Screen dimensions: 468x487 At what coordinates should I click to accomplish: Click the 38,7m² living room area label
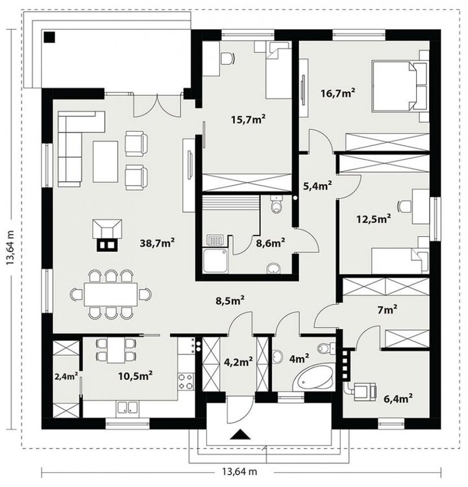coord(157,243)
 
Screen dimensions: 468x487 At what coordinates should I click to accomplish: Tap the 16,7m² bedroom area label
coord(338,93)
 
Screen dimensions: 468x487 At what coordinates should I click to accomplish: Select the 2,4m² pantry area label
coord(66,376)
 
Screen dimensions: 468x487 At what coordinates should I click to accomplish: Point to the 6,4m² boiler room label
coord(398,398)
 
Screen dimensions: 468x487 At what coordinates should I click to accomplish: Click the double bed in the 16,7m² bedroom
coord(400,86)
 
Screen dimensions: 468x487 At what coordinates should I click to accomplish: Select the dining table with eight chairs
coord(111,294)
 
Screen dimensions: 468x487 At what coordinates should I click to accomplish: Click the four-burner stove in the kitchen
coord(186,381)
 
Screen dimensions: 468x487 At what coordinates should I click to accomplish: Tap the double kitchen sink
coord(127,408)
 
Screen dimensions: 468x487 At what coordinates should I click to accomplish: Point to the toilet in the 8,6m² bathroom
coord(275,205)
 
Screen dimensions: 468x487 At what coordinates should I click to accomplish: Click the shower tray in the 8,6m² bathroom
coord(216,260)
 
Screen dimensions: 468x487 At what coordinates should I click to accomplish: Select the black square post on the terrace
coord(49,37)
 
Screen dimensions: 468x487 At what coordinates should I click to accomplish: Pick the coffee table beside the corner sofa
coord(106,162)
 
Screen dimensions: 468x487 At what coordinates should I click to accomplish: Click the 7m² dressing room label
coord(388,310)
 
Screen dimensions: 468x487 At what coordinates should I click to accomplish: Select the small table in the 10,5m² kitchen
coord(116,350)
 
